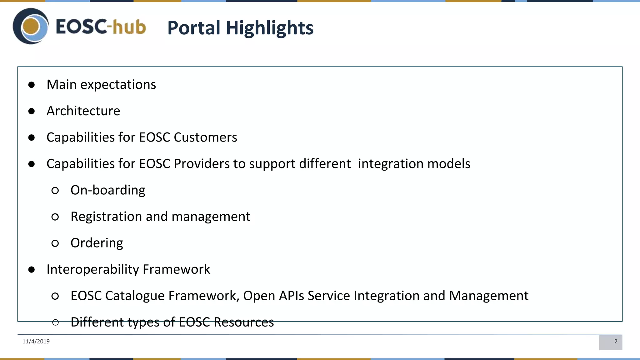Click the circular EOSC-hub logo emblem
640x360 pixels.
31,26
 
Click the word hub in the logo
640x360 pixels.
129,27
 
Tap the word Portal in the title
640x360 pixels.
194,28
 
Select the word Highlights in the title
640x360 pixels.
269,28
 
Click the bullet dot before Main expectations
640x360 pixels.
32,85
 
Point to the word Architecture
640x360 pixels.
83,111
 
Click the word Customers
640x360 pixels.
205,137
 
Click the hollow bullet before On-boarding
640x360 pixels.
55,190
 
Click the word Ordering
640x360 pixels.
97,243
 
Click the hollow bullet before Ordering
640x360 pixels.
55,243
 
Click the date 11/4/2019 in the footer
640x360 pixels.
36,342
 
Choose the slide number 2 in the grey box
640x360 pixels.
616,342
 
